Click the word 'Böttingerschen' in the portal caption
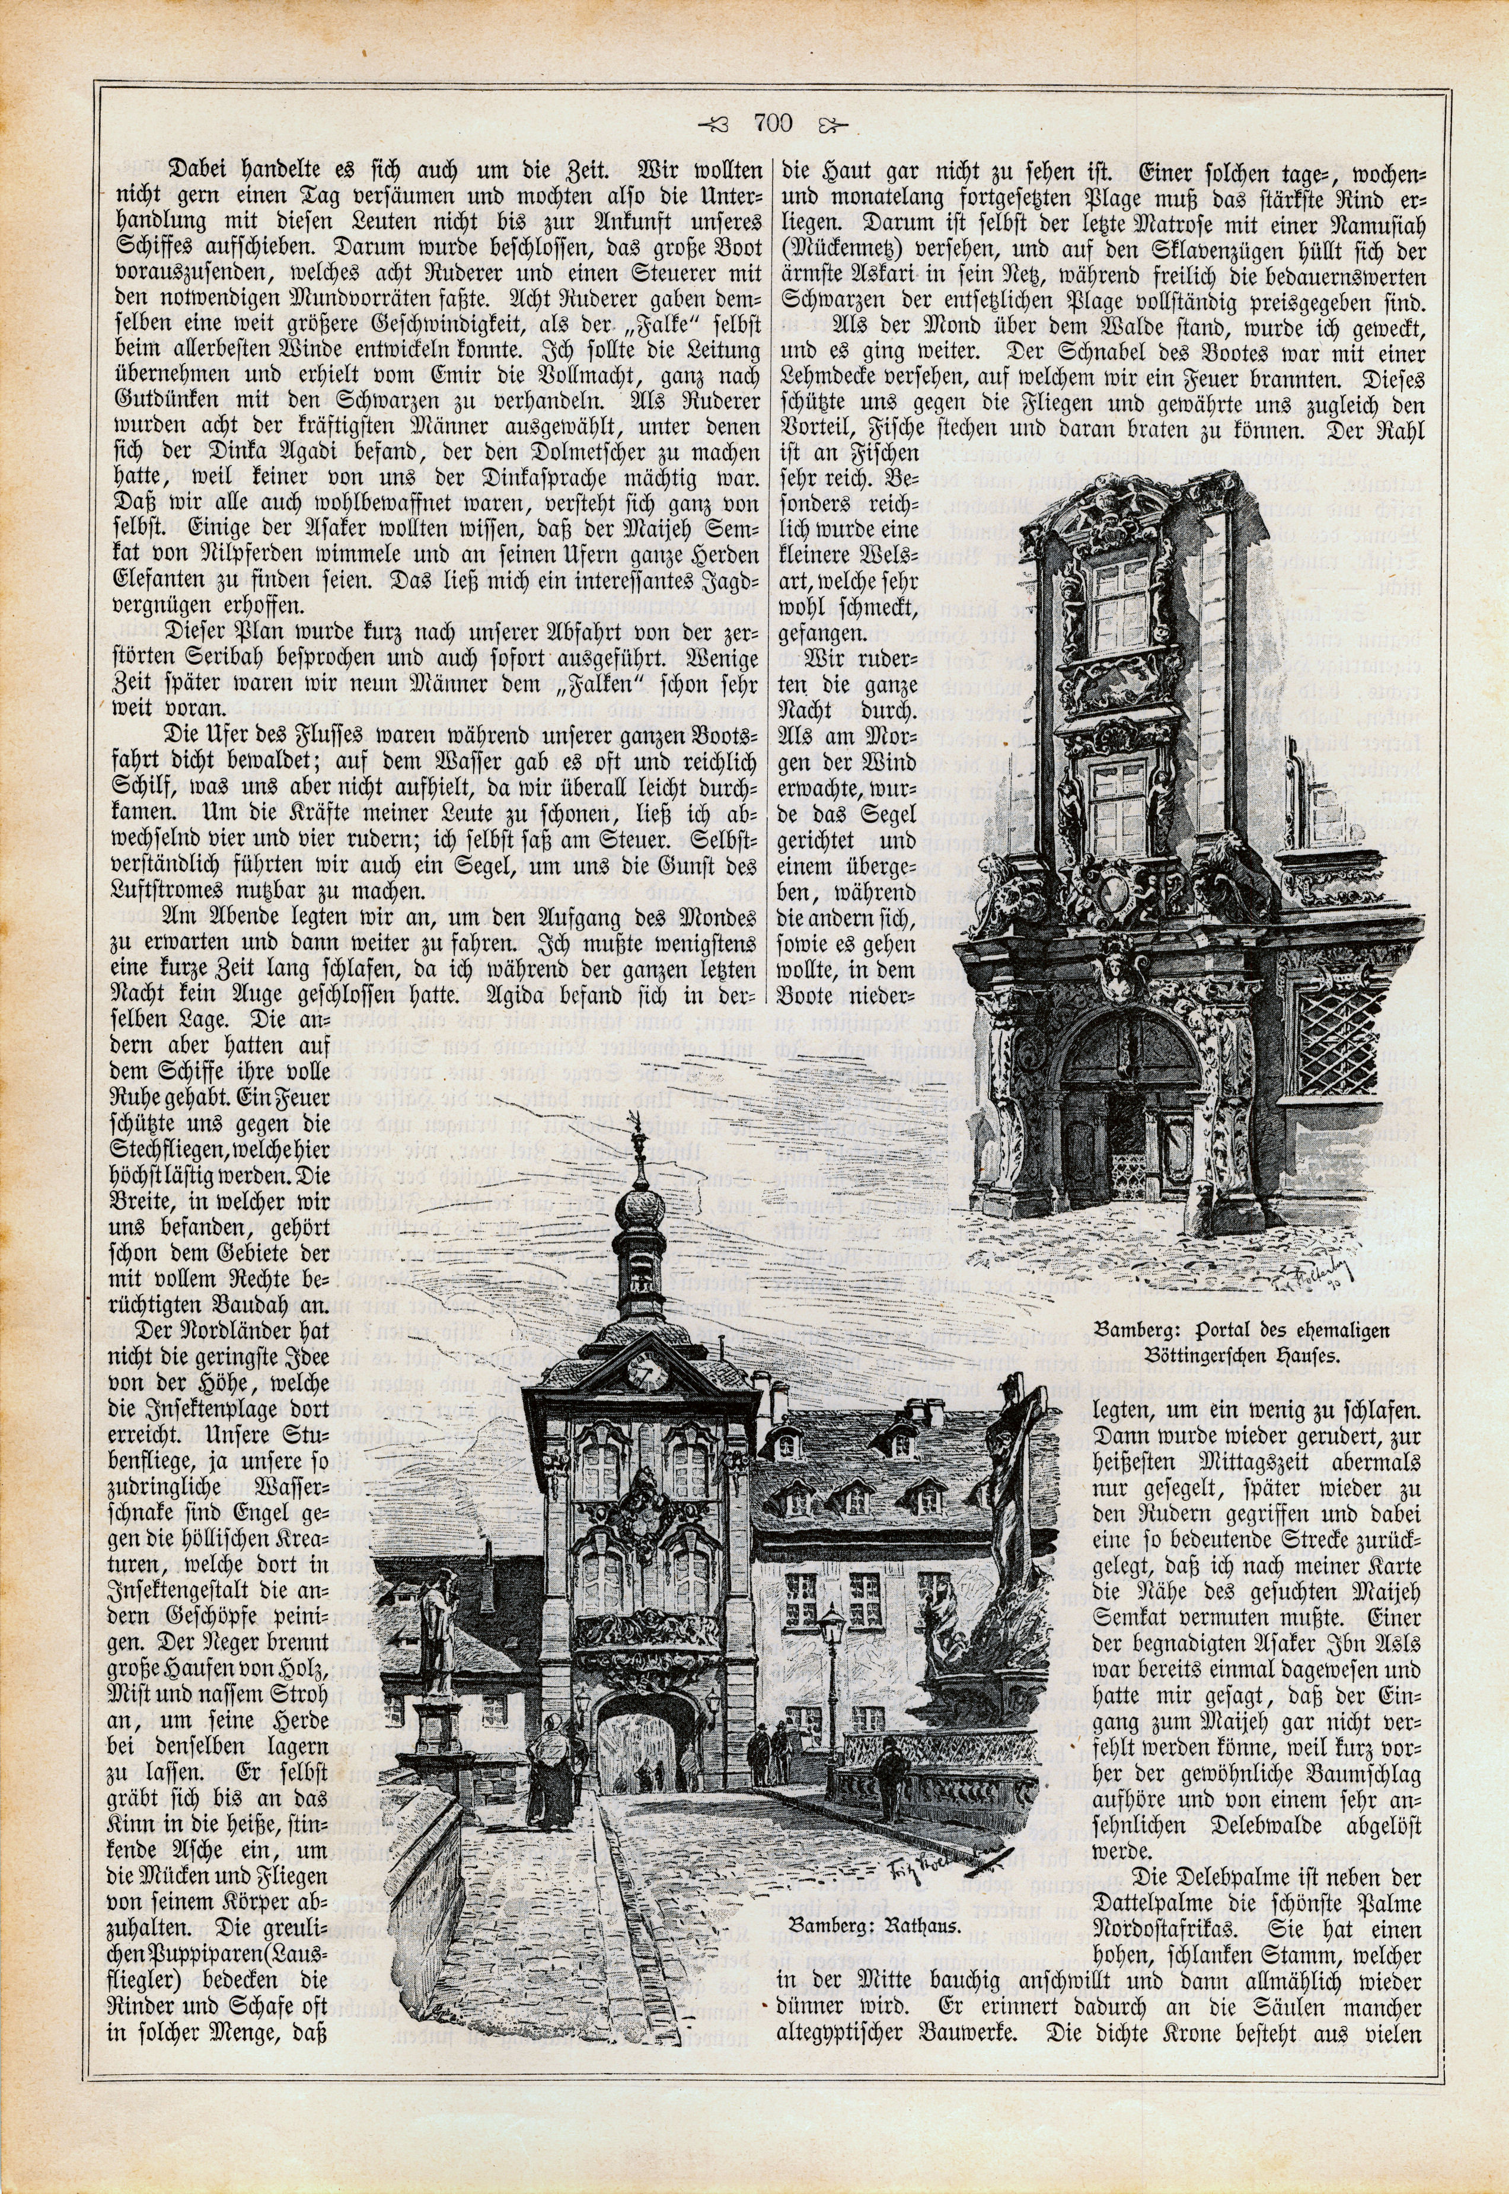coord(1210,1354)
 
